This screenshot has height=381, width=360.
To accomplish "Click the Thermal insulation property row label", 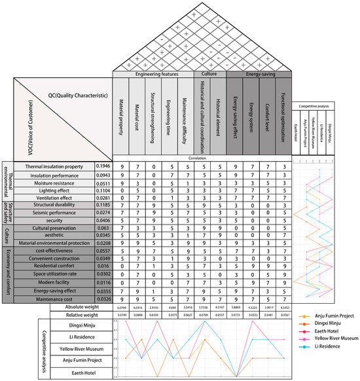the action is coord(54,167).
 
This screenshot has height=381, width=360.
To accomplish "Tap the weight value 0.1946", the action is coord(103,167).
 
